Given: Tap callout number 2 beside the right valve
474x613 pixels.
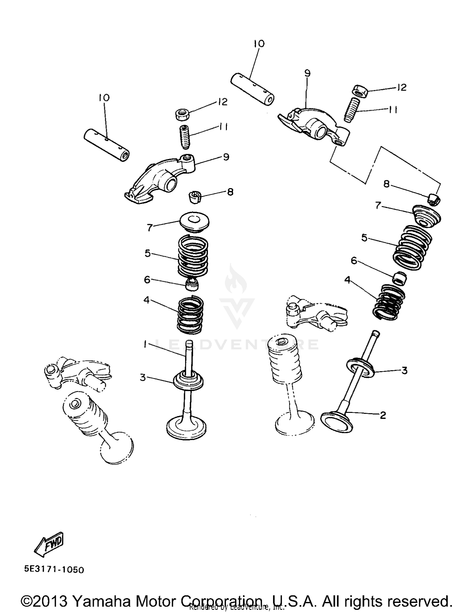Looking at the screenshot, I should click(x=383, y=415).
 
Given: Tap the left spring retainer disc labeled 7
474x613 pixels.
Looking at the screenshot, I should click(x=194, y=222).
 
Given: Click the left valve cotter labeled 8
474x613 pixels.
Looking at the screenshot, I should click(x=195, y=198).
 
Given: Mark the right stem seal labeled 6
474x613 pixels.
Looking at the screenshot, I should click(x=399, y=278).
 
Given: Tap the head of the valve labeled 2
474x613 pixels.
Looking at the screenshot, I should click(x=337, y=422).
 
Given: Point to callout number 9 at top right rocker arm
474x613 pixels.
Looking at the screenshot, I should click(x=307, y=73).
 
